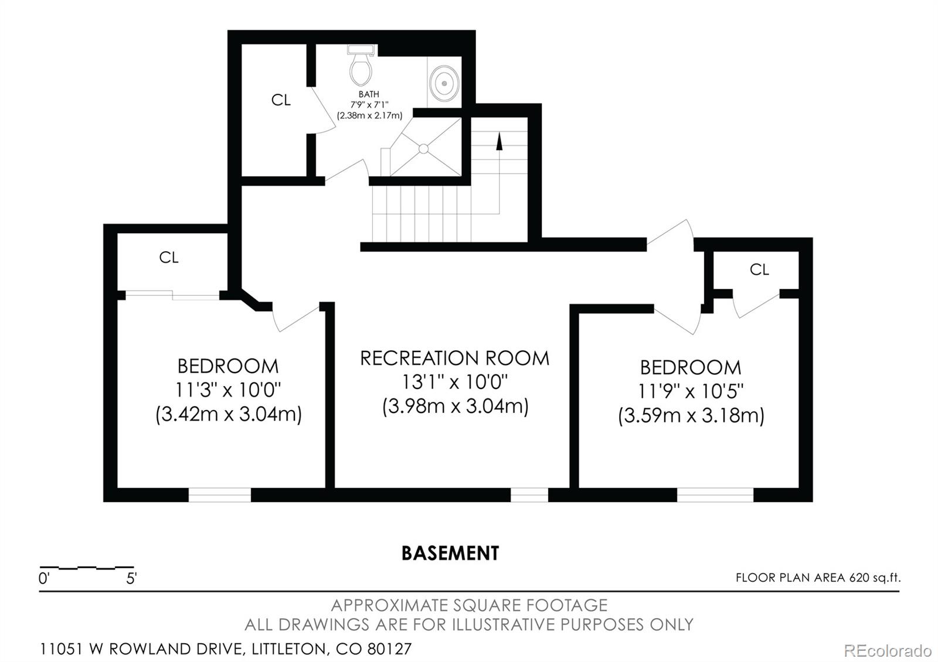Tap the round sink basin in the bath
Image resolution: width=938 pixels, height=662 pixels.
(x=444, y=83)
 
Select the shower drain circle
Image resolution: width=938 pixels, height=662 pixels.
(x=423, y=149)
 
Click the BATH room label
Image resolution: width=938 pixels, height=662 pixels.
(x=369, y=94)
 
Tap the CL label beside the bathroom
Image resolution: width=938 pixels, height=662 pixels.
(x=281, y=100)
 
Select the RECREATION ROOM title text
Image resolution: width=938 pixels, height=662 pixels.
(x=455, y=358)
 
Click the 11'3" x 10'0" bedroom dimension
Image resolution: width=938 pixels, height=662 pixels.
(x=228, y=390)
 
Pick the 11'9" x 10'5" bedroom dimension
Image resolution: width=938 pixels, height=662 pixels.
(x=691, y=391)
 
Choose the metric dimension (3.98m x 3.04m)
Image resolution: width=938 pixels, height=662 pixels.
(x=456, y=407)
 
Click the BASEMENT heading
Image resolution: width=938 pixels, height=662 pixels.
(x=450, y=553)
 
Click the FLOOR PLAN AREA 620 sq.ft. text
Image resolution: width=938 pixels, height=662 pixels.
(x=818, y=578)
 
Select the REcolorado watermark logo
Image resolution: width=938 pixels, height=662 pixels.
(x=888, y=651)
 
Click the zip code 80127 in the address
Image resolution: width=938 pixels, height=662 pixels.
(x=389, y=649)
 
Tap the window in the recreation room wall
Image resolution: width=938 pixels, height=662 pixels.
(x=529, y=495)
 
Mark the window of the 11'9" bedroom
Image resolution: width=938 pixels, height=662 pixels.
(x=715, y=495)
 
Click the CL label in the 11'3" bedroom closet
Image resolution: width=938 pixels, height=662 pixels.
(x=169, y=257)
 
